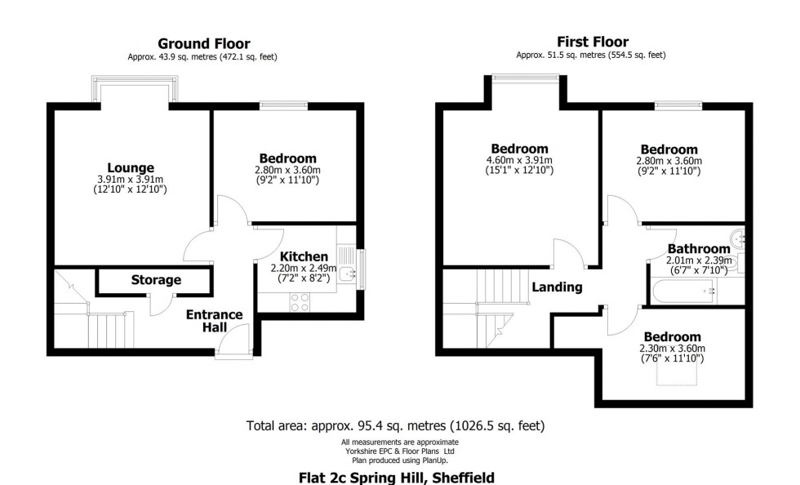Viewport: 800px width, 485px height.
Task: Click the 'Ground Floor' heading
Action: point(203,43)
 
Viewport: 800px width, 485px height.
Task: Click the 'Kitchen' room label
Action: point(304,256)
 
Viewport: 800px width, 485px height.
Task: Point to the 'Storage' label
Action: point(156,280)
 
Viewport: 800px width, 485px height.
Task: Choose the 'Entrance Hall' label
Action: point(214,321)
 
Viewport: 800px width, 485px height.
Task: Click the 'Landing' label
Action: point(557,287)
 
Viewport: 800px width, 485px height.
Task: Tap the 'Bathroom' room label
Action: point(698,249)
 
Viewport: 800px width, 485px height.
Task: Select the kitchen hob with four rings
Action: point(300,302)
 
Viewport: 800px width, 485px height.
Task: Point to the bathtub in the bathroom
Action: point(685,290)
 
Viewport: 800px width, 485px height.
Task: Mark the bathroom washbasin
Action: point(739,238)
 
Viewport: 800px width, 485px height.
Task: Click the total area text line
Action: point(395,425)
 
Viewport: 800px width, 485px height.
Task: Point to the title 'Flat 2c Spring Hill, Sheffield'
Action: point(396,477)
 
